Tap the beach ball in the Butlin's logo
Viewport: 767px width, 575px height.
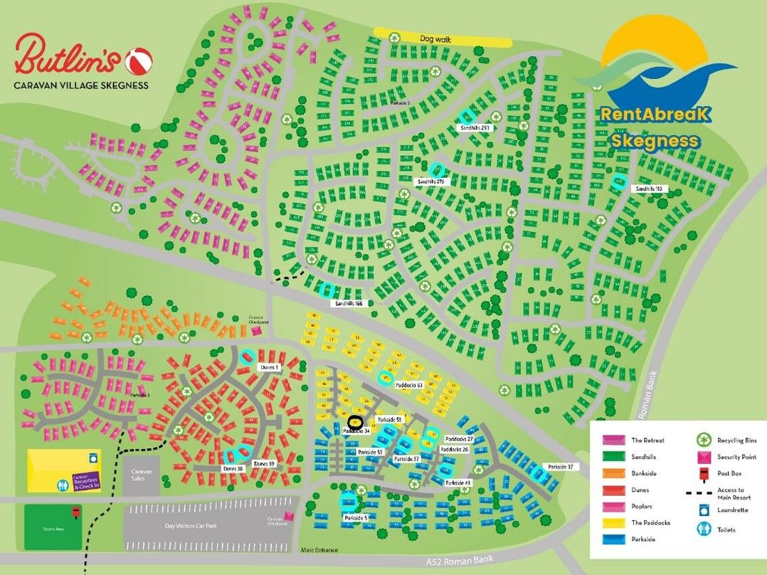click(x=134, y=60)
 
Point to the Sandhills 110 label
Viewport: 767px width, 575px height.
click(x=648, y=189)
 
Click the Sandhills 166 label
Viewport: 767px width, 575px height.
click(x=349, y=303)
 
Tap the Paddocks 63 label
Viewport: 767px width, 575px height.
click(x=409, y=385)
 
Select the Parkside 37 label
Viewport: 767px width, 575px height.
click(x=561, y=467)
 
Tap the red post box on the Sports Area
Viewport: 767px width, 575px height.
click(x=75, y=512)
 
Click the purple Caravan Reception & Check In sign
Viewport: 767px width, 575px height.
click(x=86, y=482)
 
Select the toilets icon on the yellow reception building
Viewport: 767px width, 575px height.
click(x=62, y=485)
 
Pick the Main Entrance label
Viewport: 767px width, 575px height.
click(x=317, y=550)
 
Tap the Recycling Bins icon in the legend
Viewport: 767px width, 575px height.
click(x=704, y=441)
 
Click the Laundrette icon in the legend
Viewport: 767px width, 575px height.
click(x=704, y=510)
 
